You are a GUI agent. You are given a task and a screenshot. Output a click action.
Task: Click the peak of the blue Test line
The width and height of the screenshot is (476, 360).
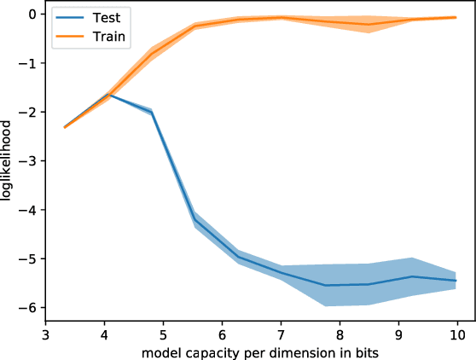pos(109,95)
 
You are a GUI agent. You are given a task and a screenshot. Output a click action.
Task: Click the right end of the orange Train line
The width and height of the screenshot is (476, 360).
pos(456,17)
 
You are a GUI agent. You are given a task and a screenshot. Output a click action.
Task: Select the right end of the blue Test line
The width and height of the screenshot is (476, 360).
pos(456,281)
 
